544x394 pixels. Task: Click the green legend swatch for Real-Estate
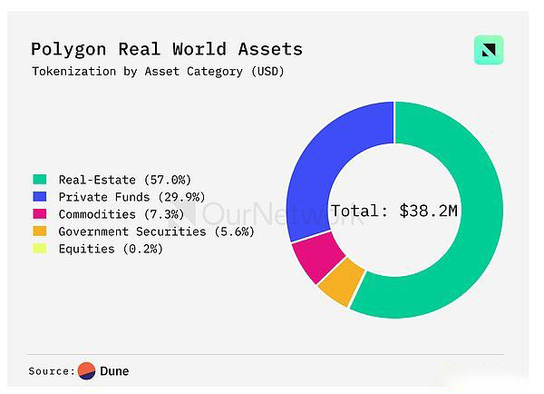pos(39,180)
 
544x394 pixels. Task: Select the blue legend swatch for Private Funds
pos(39,197)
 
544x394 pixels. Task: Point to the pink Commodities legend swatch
pos(39,214)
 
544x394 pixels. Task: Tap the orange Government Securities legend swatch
pos(39,231)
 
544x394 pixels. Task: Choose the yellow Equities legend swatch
pos(39,249)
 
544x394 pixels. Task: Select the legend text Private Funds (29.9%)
pos(131,197)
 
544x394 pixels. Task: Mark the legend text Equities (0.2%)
pos(111,249)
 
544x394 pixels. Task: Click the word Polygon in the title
pos(66,49)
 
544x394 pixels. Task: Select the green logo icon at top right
pos(489,50)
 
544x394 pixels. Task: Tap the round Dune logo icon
pos(87,370)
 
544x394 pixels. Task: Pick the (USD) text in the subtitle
pos(267,71)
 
